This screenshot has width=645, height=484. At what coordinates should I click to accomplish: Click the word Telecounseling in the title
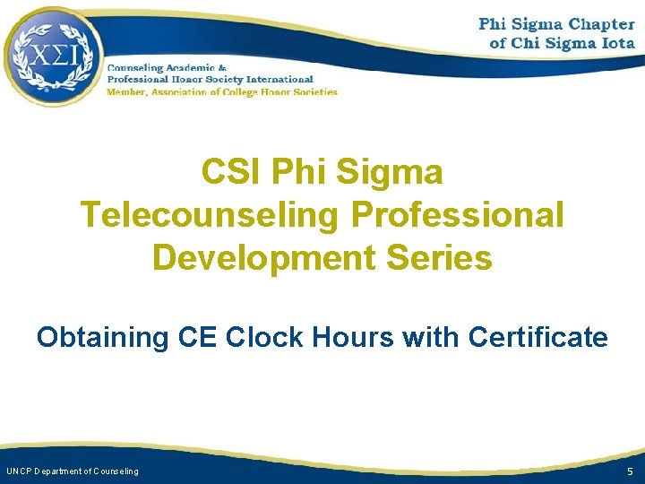point(208,215)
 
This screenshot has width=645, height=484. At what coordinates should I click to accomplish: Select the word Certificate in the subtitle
point(537,338)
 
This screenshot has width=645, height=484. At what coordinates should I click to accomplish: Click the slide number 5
point(630,471)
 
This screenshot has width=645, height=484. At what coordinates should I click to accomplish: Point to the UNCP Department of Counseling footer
point(73,471)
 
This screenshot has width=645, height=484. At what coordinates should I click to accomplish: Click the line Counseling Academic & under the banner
point(167,68)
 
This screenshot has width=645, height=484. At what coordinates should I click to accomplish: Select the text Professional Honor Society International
point(210,80)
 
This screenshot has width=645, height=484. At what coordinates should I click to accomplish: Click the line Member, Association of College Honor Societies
point(222,91)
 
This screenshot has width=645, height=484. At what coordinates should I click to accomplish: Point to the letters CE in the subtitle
point(198,338)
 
